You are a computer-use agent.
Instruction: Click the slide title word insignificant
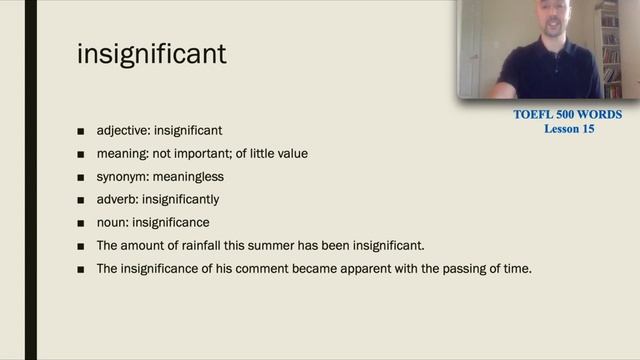tap(152, 53)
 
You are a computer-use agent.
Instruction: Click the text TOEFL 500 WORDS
tap(567, 115)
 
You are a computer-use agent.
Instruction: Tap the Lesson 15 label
tap(569, 129)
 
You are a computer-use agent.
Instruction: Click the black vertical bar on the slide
tap(30, 180)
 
